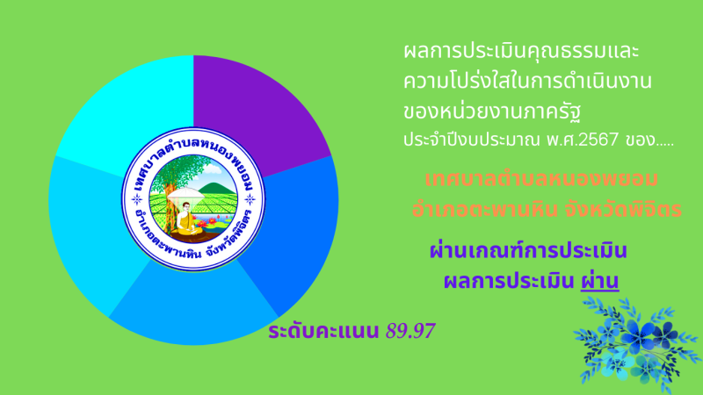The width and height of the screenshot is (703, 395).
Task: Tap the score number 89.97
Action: coord(410,331)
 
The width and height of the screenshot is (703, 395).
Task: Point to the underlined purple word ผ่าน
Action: coord(600,280)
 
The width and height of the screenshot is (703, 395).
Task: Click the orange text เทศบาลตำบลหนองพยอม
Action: coord(541,179)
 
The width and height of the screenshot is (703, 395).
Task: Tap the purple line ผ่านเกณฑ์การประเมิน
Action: coord(528,250)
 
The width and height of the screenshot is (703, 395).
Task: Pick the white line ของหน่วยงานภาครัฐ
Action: coord(492,111)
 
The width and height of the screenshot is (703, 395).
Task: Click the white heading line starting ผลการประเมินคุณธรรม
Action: coord(521,51)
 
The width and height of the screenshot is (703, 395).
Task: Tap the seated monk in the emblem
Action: coord(185,219)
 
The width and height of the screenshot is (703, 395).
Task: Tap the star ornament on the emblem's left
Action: coord(137,199)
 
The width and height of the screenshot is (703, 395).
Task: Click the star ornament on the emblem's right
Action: coord(250,199)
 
